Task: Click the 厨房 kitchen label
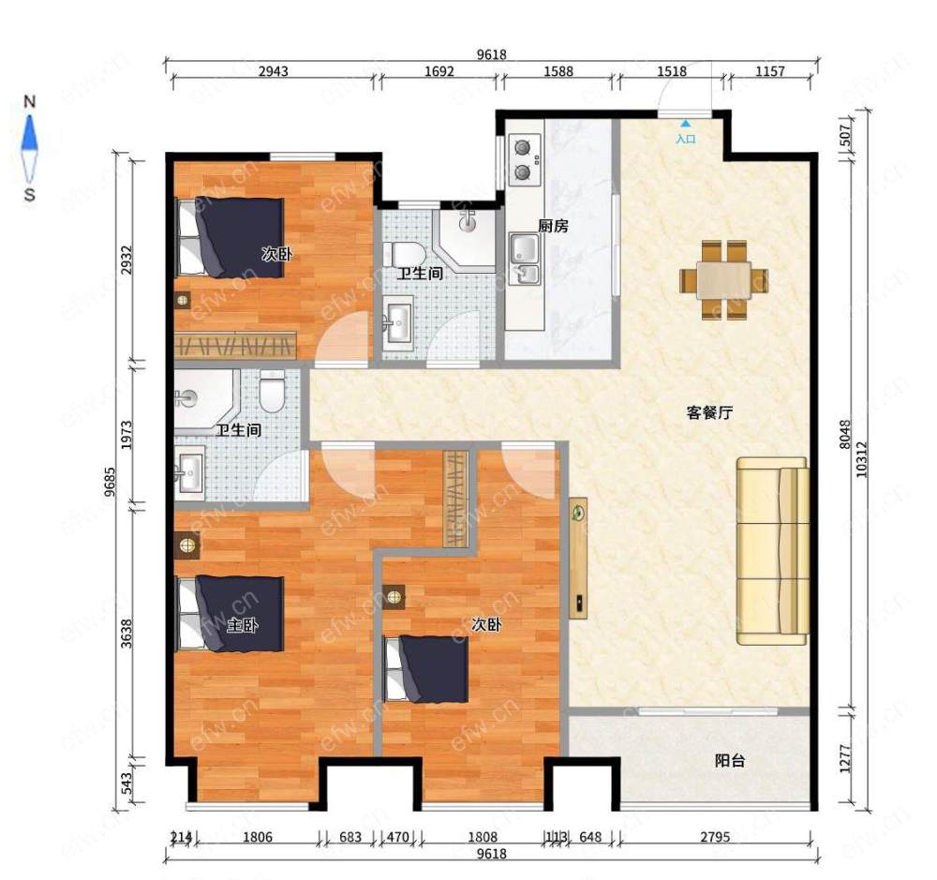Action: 553,226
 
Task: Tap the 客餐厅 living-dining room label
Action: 709,412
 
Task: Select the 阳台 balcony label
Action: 730,761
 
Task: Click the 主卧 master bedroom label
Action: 243,625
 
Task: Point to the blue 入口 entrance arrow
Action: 686,125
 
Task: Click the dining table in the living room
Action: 723,280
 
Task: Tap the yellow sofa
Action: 773,551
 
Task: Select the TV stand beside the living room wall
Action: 578,558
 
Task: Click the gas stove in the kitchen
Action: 525,158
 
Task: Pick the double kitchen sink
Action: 524,259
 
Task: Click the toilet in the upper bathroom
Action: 404,255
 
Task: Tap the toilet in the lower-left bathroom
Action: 273,391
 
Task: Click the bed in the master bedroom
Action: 230,613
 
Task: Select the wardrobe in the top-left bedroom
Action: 235,345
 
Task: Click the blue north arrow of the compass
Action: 29,133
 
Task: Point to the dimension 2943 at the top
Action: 273,72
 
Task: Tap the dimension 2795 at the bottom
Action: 715,837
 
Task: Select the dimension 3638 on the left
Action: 126,634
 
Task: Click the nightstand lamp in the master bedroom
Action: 187,544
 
